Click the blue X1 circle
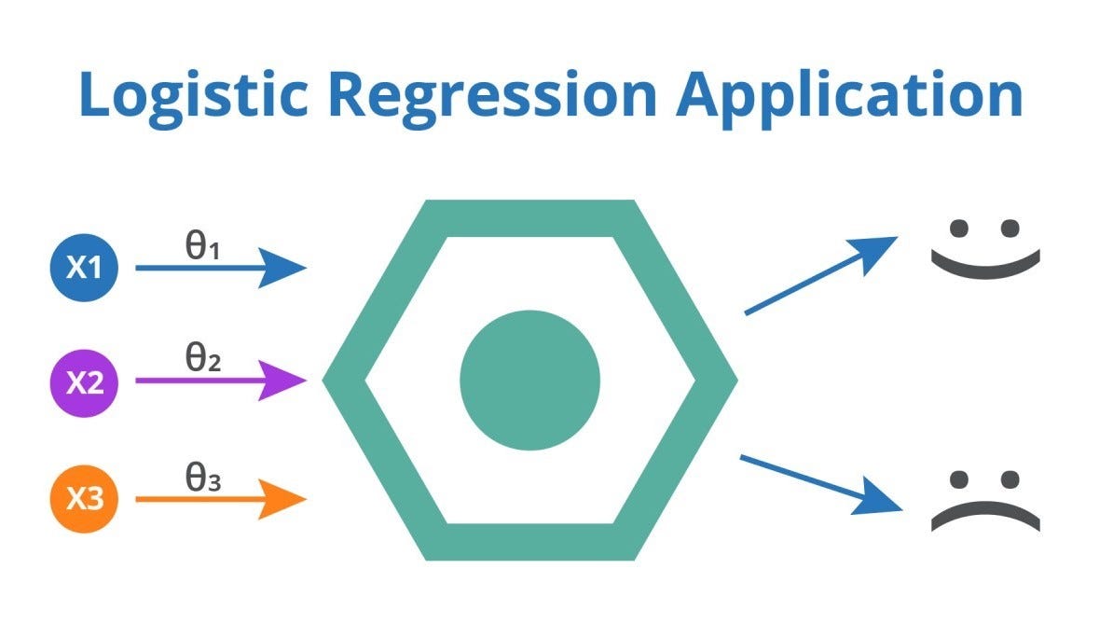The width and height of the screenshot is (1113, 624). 84,269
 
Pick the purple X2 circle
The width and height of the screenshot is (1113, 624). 84,382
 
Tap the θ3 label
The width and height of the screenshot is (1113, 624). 201,478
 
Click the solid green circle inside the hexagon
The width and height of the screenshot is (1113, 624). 529,380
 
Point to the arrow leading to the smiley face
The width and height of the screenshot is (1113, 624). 820,275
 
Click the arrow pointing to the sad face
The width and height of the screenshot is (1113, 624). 820,483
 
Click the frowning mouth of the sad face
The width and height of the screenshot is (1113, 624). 984,514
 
